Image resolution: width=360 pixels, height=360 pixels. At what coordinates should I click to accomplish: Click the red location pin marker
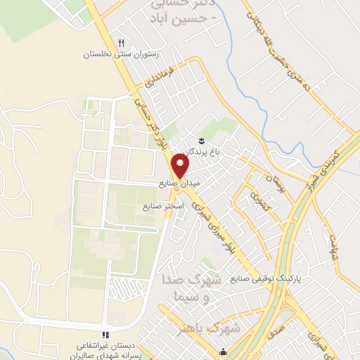click(181, 166)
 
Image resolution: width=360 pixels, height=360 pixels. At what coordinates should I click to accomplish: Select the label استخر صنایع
click(162, 206)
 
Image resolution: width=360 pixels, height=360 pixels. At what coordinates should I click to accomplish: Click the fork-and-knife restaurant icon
click(121, 44)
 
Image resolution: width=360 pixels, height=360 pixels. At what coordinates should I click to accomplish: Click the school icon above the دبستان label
click(104, 335)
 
